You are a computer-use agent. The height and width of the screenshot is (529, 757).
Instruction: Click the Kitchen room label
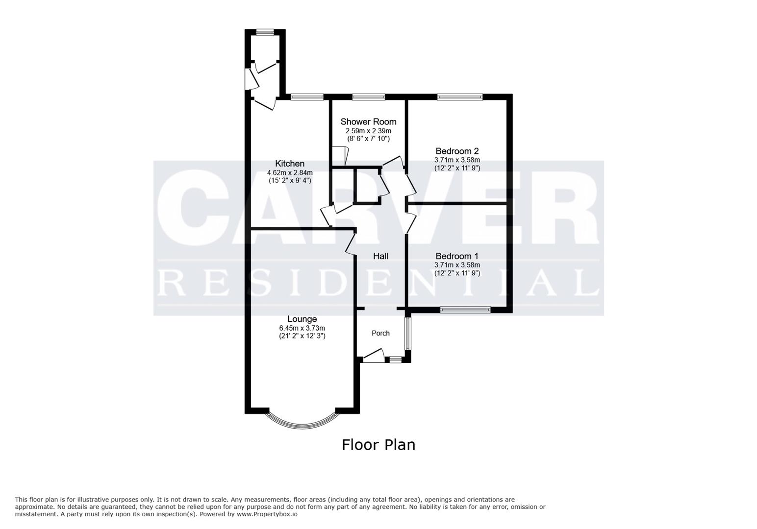click(289, 164)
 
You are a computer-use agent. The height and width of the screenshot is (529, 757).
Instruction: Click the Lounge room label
click(302, 319)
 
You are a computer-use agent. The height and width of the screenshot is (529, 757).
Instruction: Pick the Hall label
click(380, 256)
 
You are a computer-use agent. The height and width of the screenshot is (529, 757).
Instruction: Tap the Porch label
click(380, 334)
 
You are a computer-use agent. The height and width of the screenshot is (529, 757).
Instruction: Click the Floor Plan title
click(378, 445)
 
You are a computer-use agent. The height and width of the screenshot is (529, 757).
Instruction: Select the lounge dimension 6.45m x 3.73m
click(302, 328)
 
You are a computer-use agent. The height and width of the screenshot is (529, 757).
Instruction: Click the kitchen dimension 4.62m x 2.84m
click(289, 172)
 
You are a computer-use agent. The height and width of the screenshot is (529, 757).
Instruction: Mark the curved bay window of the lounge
click(302, 424)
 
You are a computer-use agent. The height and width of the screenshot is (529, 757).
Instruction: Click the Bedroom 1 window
click(465, 310)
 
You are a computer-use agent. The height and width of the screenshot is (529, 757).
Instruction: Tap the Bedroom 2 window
click(459, 97)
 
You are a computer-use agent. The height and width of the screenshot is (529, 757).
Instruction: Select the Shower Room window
click(368, 97)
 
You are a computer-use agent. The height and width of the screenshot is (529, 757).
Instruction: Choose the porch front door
click(373, 356)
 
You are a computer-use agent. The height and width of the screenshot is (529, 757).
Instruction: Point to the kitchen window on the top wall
click(307, 97)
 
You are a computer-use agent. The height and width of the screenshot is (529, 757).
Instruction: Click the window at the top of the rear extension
click(265, 32)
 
